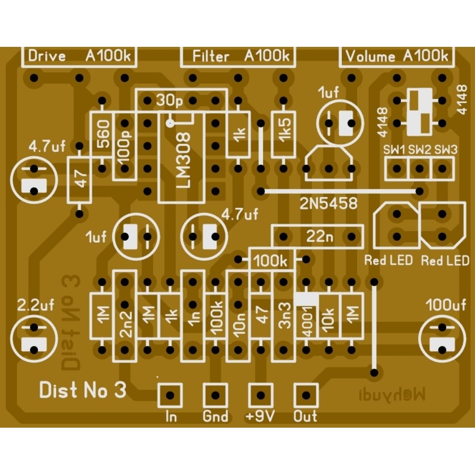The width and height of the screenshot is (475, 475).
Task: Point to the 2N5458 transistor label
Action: [x=329, y=203]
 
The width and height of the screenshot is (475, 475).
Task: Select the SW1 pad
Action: [x=397, y=168]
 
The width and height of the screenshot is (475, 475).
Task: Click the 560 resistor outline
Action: [x=103, y=135]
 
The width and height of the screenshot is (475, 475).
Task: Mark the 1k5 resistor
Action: [x=284, y=135]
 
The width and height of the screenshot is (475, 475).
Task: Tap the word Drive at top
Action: [x=47, y=57]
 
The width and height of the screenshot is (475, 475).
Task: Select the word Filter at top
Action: [x=211, y=57]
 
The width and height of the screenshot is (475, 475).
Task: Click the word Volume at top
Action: [x=371, y=57]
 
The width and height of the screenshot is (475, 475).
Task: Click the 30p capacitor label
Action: [x=169, y=100]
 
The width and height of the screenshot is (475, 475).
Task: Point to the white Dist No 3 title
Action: [x=83, y=391]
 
